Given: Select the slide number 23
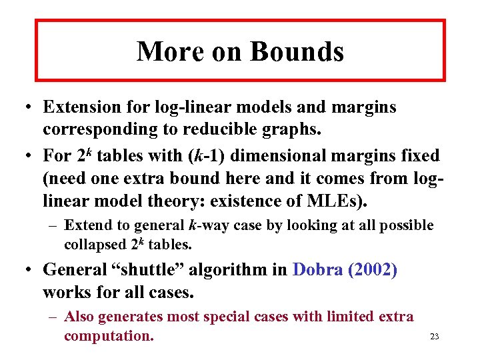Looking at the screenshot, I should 434,337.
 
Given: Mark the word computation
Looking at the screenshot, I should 109,335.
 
